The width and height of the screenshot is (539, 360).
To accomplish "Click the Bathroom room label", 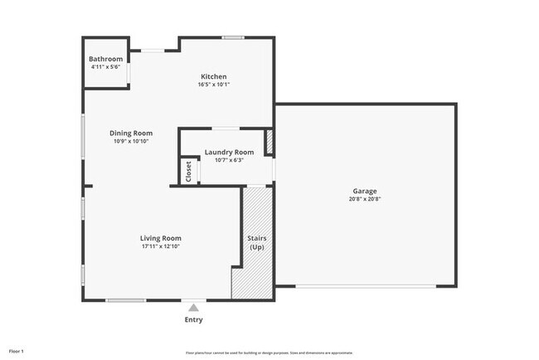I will pyautogui.click(x=106, y=59).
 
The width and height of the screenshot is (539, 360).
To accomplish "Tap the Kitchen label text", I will pyautogui.click(x=213, y=76).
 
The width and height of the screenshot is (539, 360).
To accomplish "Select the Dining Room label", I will pyautogui.click(x=131, y=133).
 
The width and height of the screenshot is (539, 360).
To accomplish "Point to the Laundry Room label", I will pyautogui.click(x=229, y=152).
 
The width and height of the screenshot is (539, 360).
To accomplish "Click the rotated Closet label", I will pyautogui.click(x=188, y=172).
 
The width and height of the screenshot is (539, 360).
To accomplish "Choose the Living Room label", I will pyautogui.click(x=160, y=238).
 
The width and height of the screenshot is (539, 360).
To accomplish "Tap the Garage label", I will pyautogui.click(x=365, y=191).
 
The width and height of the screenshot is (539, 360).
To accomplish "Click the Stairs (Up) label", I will pyautogui.click(x=256, y=242).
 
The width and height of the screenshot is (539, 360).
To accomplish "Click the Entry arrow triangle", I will pyautogui.click(x=193, y=307).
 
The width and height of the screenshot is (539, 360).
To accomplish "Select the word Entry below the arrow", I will pyautogui.click(x=193, y=319).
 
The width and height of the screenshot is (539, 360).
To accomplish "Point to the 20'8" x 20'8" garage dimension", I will pyautogui.click(x=365, y=199).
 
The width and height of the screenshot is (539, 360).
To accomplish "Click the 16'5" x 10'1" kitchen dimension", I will pyautogui.click(x=213, y=85).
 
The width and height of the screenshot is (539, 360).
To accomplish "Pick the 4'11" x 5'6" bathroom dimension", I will pyautogui.click(x=106, y=67).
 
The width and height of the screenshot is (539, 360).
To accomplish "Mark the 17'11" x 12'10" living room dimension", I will pyautogui.click(x=160, y=246).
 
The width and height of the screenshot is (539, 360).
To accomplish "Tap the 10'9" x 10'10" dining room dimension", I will pyautogui.click(x=131, y=141).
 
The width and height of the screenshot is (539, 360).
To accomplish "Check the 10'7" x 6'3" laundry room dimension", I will pyautogui.click(x=229, y=160).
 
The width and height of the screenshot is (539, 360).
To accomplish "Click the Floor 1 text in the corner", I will pyautogui.click(x=17, y=351).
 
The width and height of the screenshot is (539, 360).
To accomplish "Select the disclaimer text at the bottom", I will pyautogui.click(x=269, y=352).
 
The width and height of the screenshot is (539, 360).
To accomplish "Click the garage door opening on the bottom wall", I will pyautogui.click(x=366, y=286).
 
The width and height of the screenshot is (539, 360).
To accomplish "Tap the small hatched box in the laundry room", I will pyautogui.click(x=269, y=142).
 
